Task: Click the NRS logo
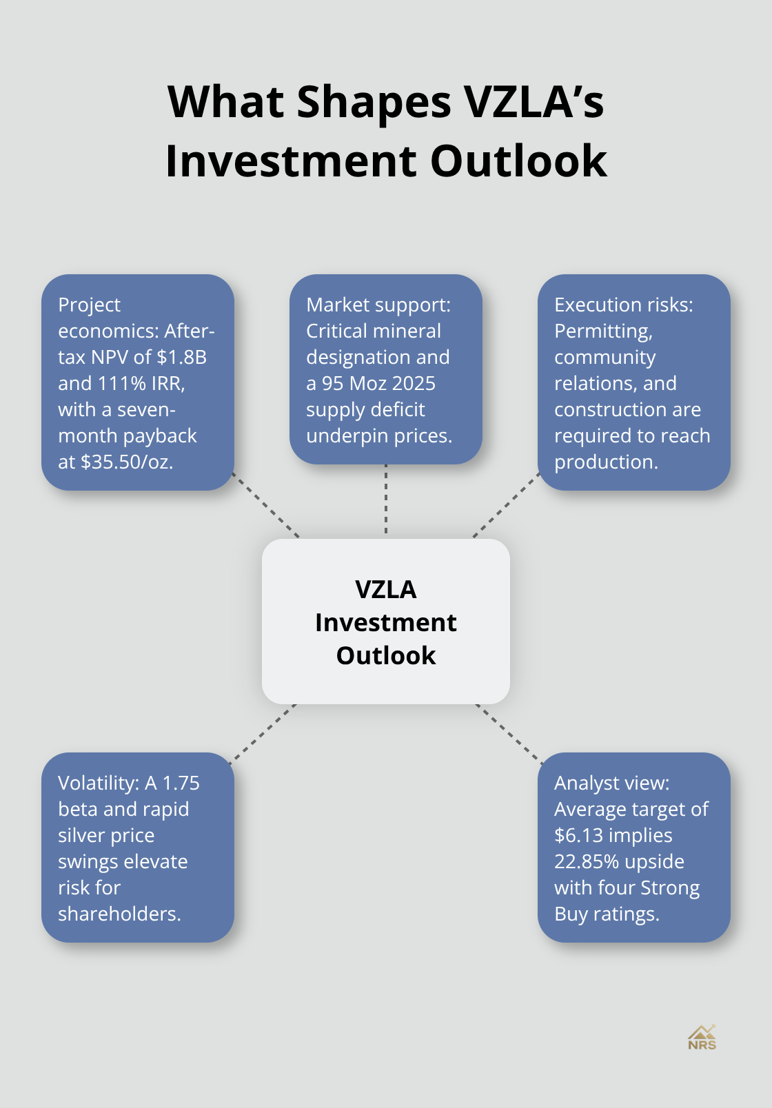[x=702, y=1037]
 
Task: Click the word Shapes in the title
[x=374, y=102]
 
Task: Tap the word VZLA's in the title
[x=534, y=102]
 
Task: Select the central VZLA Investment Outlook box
[x=386, y=622]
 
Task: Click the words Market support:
[x=378, y=305]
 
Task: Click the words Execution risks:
[x=624, y=305]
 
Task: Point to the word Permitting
[x=603, y=331]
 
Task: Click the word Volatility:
[x=99, y=783]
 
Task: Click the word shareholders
[x=119, y=914]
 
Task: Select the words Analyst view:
[x=612, y=783]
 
